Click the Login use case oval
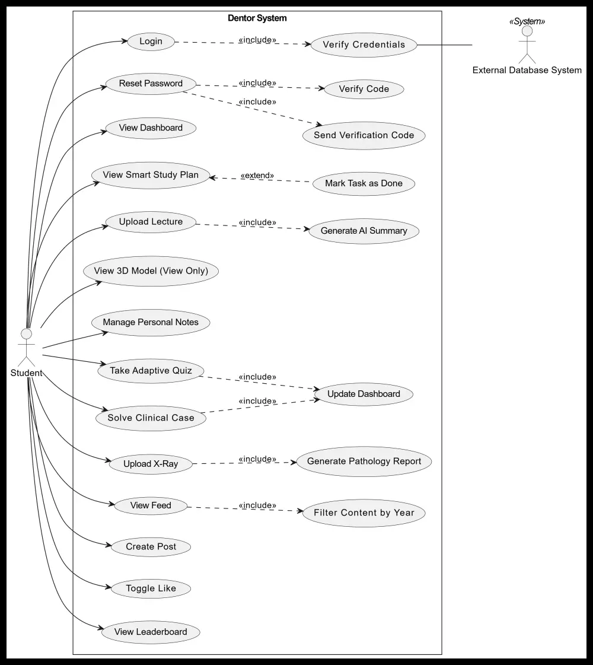(x=151, y=42)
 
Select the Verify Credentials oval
(x=364, y=44)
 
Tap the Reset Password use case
(x=151, y=84)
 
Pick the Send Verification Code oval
(x=364, y=135)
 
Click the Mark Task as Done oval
(x=364, y=183)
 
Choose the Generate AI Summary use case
(x=364, y=231)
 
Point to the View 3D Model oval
(x=151, y=271)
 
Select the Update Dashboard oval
(x=364, y=394)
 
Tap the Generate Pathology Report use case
(x=364, y=462)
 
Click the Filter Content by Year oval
(x=364, y=513)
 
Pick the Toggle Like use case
(x=151, y=588)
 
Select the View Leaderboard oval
(x=151, y=632)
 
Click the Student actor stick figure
(x=26, y=348)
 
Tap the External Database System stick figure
(x=527, y=44)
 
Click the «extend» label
(x=257, y=176)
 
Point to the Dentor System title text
(x=257, y=18)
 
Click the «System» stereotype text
(x=527, y=21)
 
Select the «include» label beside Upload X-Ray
(x=257, y=459)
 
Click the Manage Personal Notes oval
(x=151, y=322)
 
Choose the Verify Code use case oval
(x=364, y=89)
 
